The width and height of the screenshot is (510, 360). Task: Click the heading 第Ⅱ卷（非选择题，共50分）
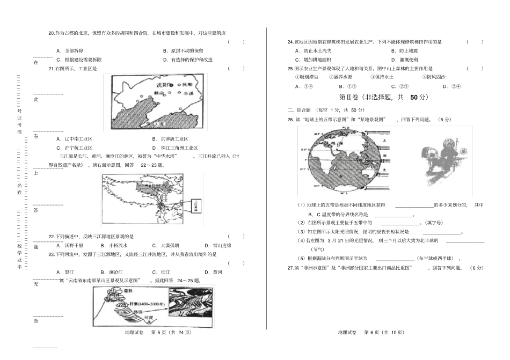(x=384, y=97)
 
